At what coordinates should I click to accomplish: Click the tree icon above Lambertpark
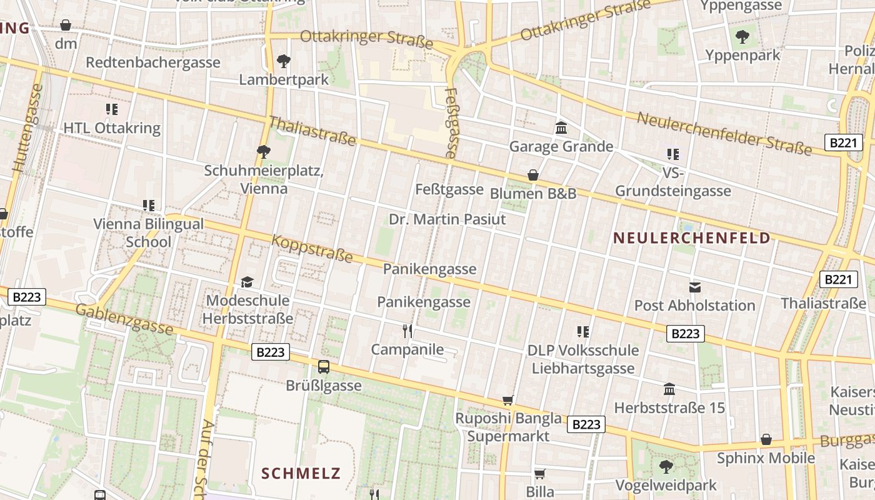point(284,61)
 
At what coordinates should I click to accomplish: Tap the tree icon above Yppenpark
point(742,37)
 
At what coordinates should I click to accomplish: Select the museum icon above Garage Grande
point(561,128)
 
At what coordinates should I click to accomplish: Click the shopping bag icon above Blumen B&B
point(533,176)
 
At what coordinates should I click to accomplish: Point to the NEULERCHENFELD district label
point(692,238)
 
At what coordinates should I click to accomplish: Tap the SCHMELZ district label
point(301,473)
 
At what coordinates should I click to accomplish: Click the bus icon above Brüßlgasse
point(324,367)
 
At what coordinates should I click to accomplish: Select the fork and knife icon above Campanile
point(407,331)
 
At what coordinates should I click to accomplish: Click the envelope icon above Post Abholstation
point(694,287)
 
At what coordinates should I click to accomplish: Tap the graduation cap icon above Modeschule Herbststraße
point(247,282)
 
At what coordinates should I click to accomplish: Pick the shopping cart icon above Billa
point(540,474)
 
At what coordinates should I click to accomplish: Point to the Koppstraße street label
point(312,249)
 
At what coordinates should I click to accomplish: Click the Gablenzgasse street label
point(124,319)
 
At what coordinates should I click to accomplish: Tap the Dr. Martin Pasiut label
point(447,220)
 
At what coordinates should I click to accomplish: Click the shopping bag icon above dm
point(66,26)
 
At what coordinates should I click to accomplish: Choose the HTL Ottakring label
point(112,128)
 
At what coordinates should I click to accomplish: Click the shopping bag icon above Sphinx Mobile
point(766,439)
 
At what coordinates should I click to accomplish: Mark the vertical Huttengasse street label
point(28,128)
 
